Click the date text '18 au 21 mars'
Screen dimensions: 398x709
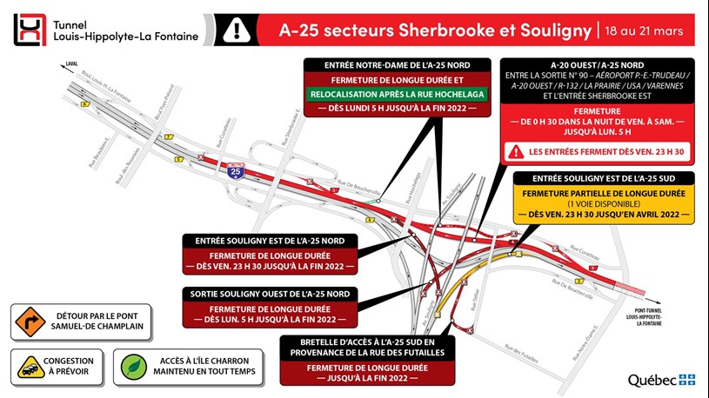click(645, 31)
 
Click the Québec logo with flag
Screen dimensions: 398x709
click(661, 380)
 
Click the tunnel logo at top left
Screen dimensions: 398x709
click(29, 31)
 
